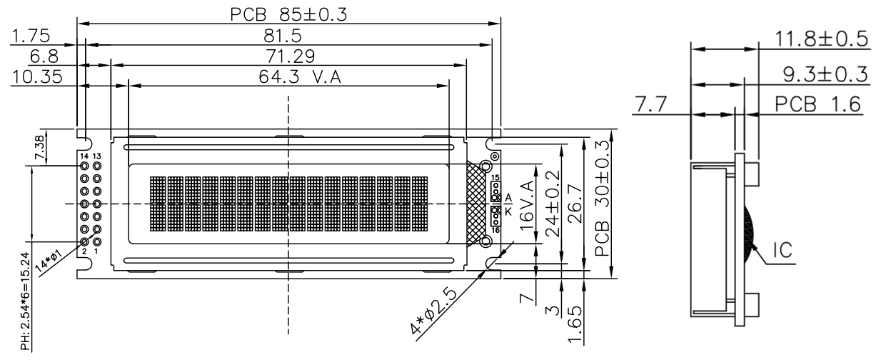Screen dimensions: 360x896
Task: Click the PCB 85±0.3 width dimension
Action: tap(288, 14)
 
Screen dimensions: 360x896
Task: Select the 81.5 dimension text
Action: tap(288, 35)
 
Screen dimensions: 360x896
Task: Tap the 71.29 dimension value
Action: tap(288, 56)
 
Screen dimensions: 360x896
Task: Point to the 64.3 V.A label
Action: tap(300, 77)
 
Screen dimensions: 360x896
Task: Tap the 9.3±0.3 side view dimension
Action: tap(822, 73)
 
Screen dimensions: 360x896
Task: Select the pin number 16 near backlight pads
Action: tap(495, 231)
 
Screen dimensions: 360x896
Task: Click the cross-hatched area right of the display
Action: tap(475, 204)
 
